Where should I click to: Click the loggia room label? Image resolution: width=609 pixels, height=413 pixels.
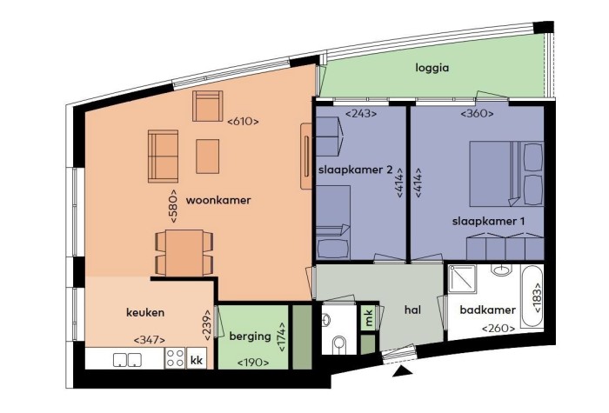pos(432,67)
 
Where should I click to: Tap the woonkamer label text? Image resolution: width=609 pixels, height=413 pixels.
pos(218,200)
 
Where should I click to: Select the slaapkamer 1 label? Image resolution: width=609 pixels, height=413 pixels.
pos(488,221)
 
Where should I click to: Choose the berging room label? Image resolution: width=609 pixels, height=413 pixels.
pos(250,336)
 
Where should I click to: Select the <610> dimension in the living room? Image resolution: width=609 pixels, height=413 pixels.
pos(244,122)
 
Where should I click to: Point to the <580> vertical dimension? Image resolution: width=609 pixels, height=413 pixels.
pos(174,206)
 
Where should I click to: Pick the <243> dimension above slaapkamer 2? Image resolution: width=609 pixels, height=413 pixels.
pos(361,113)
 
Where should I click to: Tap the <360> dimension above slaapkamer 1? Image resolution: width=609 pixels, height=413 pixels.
pos(478,113)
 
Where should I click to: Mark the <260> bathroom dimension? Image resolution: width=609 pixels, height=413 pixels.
pos(499,328)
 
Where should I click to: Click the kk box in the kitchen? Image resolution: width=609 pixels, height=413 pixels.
pos(197,358)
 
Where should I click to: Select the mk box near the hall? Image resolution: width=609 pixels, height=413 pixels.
pos(370,318)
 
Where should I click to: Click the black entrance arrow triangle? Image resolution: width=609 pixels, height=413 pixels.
pos(400,372)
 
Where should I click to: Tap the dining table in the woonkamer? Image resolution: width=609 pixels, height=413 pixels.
pos(184,252)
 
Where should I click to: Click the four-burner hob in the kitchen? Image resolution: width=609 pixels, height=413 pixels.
pos(174,358)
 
